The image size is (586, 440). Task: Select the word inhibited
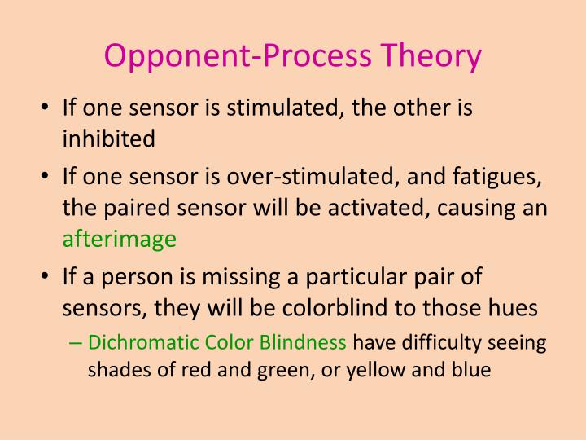click(x=108, y=139)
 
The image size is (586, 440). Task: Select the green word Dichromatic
click(x=138, y=341)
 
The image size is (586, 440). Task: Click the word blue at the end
click(x=471, y=369)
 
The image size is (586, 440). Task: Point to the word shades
click(x=115, y=369)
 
